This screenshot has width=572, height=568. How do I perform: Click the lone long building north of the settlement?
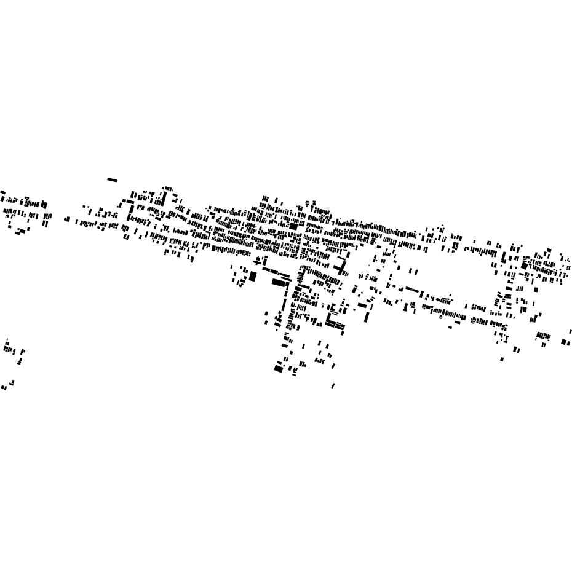[x=112, y=180]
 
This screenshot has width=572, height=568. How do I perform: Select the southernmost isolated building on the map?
[x=333, y=386]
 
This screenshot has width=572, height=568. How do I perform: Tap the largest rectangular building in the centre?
[x=279, y=283]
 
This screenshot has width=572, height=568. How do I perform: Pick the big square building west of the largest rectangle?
[x=252, y=277]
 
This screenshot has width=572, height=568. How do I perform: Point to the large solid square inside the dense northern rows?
[x=293, y=226]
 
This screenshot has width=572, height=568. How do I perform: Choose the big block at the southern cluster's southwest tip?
[x=278, y=369]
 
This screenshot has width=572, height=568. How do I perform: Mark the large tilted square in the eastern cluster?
[x=524, y=266]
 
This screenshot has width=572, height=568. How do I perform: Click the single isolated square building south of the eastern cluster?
[x=502, y=359]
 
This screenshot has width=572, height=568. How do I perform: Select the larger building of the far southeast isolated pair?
[x=564, y=342]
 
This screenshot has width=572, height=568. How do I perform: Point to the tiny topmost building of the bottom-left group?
[x=7, y=339]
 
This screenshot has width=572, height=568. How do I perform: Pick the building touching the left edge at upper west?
[x=2, y=192]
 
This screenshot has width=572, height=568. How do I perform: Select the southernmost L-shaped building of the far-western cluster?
[x=19, y=232]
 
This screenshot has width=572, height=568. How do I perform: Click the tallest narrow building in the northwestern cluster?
[x=164, y=199]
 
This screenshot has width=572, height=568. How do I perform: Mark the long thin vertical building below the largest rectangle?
[x=285, y=301]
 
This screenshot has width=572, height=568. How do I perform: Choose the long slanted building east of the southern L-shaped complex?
[x=367, y=317]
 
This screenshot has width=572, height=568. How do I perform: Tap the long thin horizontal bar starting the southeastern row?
[x=411, y=289]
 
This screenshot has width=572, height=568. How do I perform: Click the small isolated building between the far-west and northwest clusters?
[x=66, y=219]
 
